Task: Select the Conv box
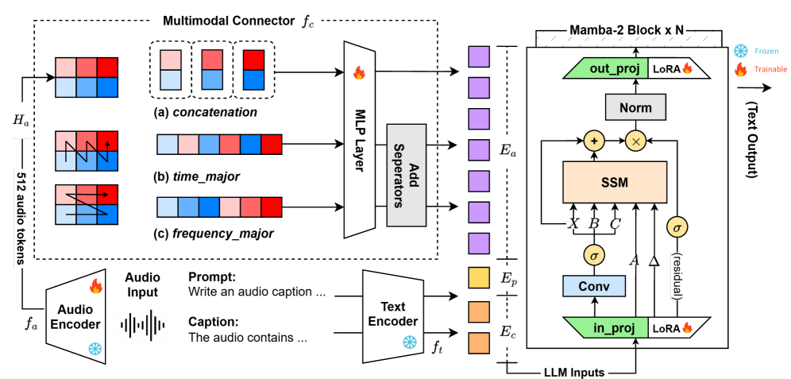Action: pyautogui.click(x=592, y=286)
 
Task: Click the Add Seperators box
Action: pyautogui.click(x=407, y=164)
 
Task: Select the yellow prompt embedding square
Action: pyautogui.click(x=478, y=277)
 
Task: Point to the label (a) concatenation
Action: pyautogui.click(x=206, y=112)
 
